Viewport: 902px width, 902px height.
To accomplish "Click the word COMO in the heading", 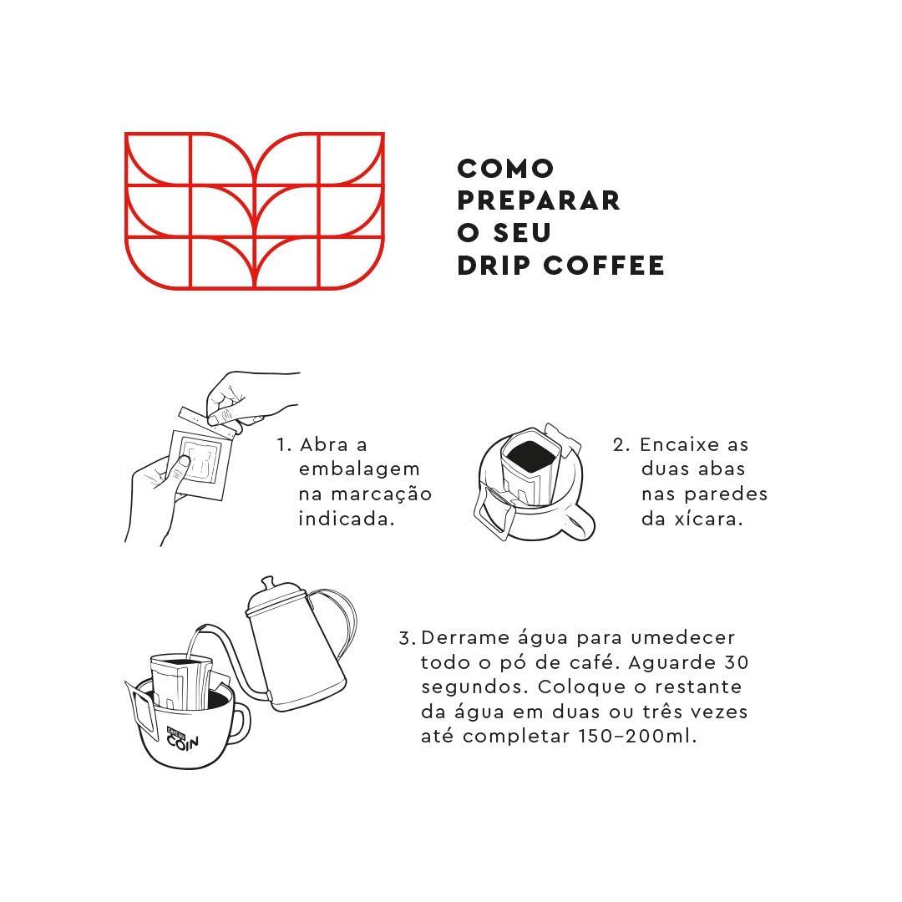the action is point(505,169).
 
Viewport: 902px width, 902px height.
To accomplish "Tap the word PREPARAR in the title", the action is point(539,200).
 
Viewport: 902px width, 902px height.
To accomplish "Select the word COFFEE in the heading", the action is point(604,266).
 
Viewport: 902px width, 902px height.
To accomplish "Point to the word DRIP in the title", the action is point(494,266).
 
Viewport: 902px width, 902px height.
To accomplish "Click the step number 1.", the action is point(284,445).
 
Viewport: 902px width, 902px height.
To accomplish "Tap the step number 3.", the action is point(408,639).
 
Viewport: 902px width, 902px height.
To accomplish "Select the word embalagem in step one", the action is point(359,470).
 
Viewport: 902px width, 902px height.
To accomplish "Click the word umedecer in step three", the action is point(683,637).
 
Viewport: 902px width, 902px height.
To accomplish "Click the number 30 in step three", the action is point(737,662).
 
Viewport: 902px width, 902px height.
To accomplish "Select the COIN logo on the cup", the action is point(182,739).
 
